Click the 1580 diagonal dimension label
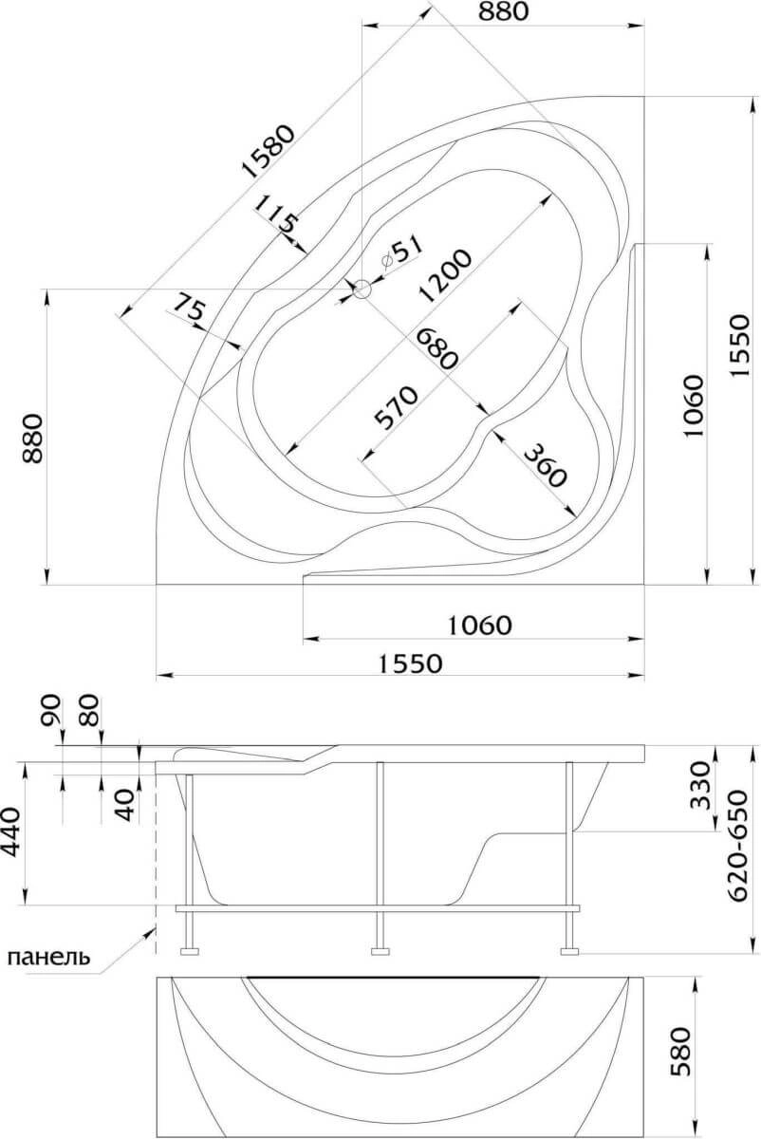[x=268, y=151]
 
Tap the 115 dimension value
[x=275, y=215]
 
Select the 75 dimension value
[x=190, y=308]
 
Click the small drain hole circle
[x=362, y=289]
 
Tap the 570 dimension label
[x=396, y=407]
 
